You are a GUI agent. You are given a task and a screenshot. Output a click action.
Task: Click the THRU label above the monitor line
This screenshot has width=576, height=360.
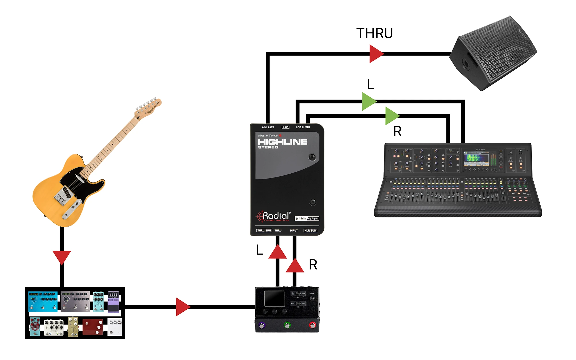tap(374, 33)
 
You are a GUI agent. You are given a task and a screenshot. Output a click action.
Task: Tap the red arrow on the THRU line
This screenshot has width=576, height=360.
tap(376, 54)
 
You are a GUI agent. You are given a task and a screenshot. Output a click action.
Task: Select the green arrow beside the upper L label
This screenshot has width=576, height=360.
tap(368, 101)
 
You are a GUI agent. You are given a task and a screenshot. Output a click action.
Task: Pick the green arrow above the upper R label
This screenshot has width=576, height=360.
tap(391, 116)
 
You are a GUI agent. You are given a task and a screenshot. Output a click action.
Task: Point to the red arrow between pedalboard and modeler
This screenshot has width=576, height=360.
tap(182, 307)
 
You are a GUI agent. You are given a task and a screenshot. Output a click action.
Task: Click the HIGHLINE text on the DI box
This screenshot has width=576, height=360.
tap(283, 142)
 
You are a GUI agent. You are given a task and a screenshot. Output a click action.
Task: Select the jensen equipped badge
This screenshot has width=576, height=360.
tap(307, 218)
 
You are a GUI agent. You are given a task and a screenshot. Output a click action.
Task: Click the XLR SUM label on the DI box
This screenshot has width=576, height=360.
tap(310, 230)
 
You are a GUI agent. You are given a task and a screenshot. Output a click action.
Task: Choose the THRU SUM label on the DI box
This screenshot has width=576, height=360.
tap(264, 230)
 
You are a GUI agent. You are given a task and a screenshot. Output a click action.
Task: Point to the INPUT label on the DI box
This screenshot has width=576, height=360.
tap(294, 230)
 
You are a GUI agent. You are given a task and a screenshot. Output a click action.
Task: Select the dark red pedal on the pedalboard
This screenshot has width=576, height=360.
tap(93, 327)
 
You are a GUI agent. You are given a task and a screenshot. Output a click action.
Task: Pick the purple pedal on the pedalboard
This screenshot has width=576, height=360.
tap(113, 302)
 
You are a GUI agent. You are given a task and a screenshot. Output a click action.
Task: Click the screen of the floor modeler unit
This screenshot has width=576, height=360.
tap(274, 298)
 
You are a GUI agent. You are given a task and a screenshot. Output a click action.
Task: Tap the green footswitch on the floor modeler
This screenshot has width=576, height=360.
tap(287, 325)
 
